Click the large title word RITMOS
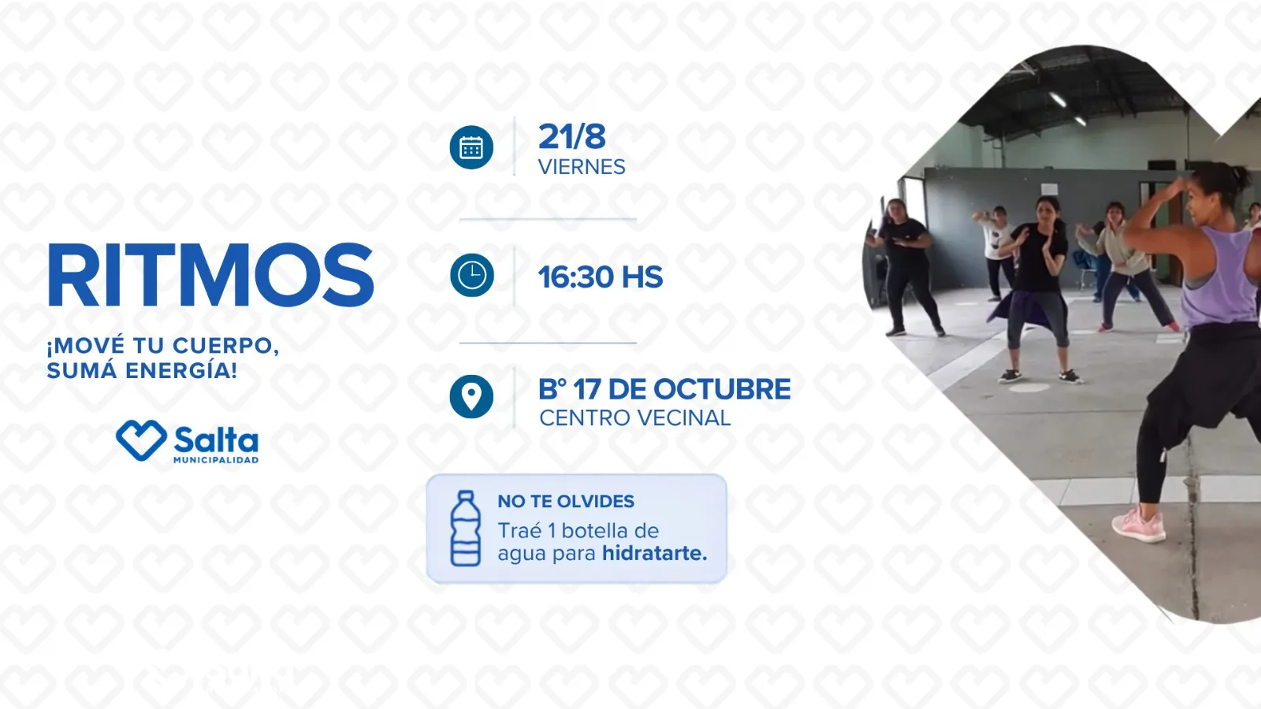point(210,275)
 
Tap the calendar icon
point(471,147)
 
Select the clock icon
point(472,275)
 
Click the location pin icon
point(471,396)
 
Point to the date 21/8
point(572,136)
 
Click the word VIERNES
point(582,167)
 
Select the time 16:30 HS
point(601,277)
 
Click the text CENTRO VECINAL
point(635,418)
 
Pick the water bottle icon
point(466,529)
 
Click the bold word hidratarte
point(655,553)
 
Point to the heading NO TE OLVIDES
point(566,501)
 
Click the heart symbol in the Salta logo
point(141,440)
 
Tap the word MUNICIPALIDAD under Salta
point(216,460)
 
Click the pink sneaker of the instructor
point(1139,524)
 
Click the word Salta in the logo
point(216,440)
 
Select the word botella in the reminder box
point(595,531)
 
